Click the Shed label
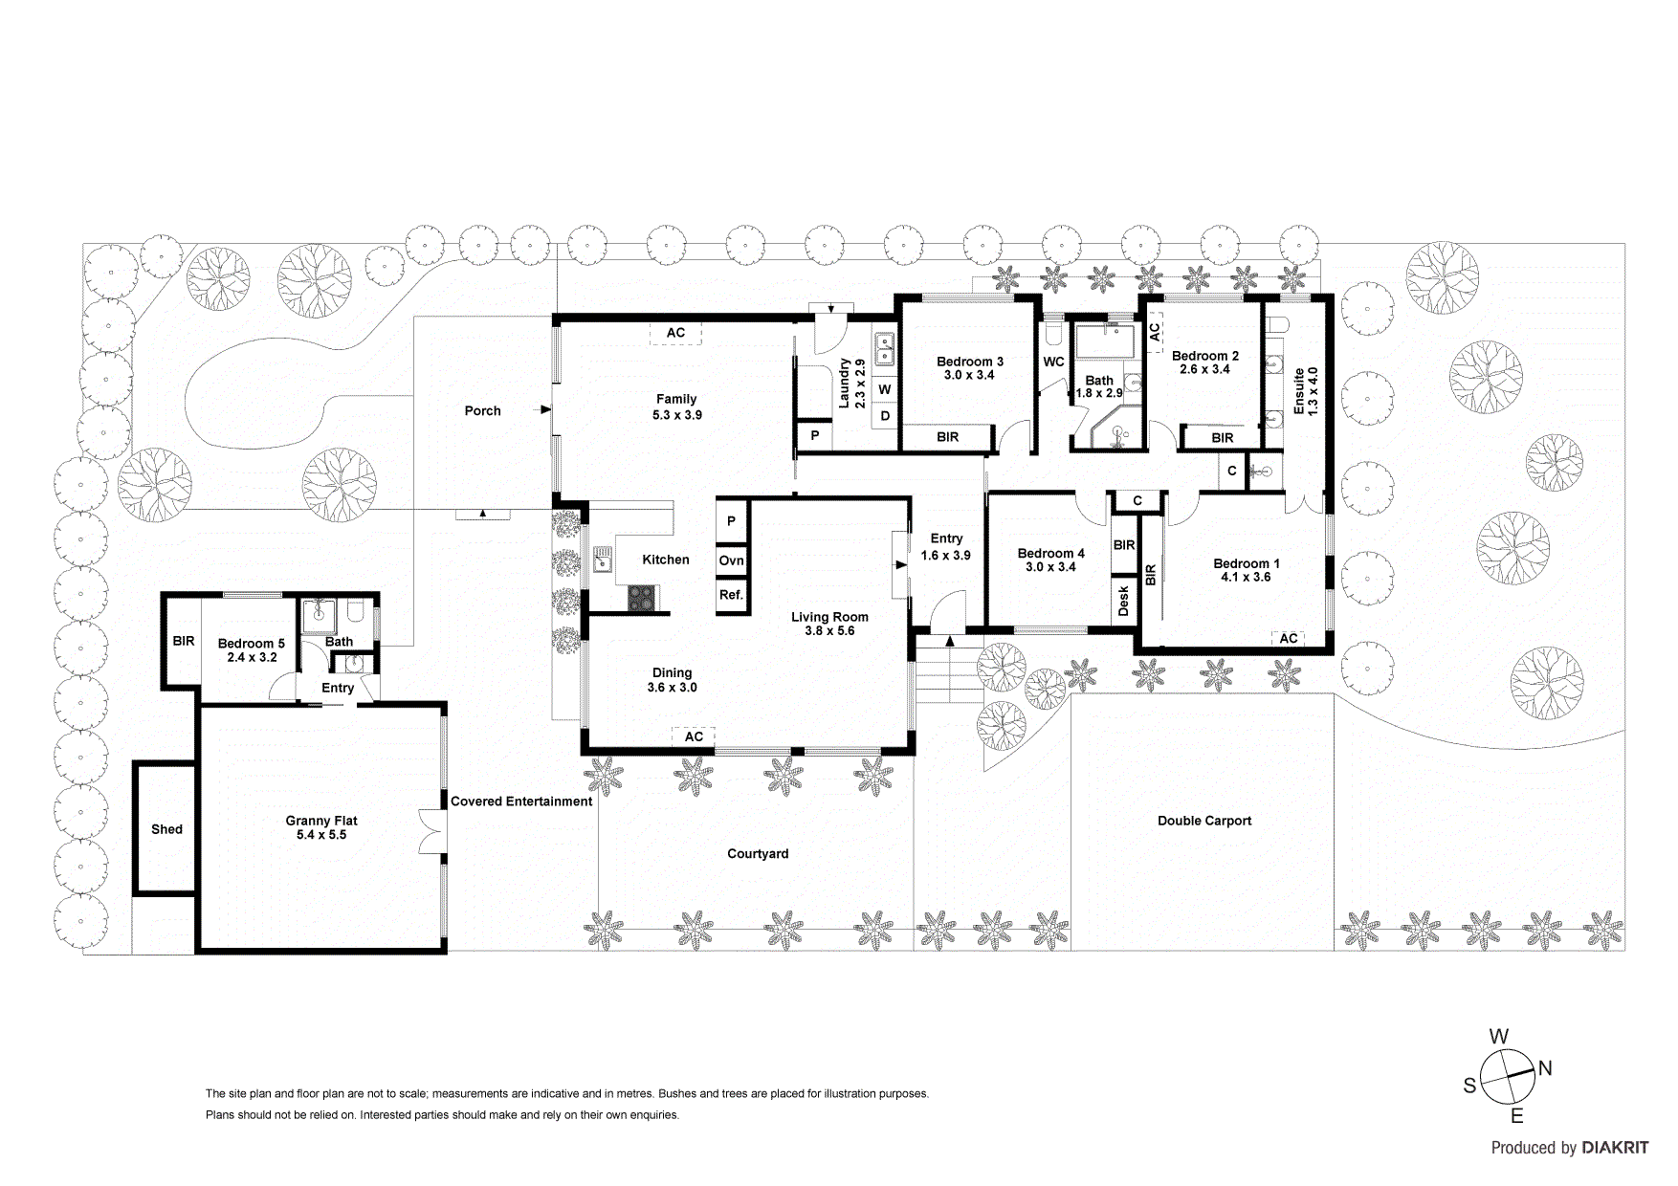click(x=166, y=829)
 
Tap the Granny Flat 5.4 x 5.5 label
click(x=321, y=827)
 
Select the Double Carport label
click(x=1203, y=821)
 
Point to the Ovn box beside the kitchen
click(x=731, y=560)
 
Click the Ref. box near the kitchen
click(x=731, y=595)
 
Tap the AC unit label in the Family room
click(x=675, y=333)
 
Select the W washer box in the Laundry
click(x=885, y=389)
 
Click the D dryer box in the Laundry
click(x=885, y=416)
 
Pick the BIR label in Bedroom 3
click(x=947, y=437)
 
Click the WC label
click(x=1053, y=362)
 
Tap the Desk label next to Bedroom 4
click(x=1123, y=601)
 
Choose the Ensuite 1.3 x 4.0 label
click(x=1306, y=390)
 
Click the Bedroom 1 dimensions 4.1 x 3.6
click(x=1246, y=577)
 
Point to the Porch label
click(x=482, y=410)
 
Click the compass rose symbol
click(x=1508, y=1077)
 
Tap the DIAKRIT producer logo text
click(x=1615, y=1148)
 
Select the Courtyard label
click(x=758, y=853)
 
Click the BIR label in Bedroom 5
click(x=183, y=641)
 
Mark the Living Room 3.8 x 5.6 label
click(x=829, y=624)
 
